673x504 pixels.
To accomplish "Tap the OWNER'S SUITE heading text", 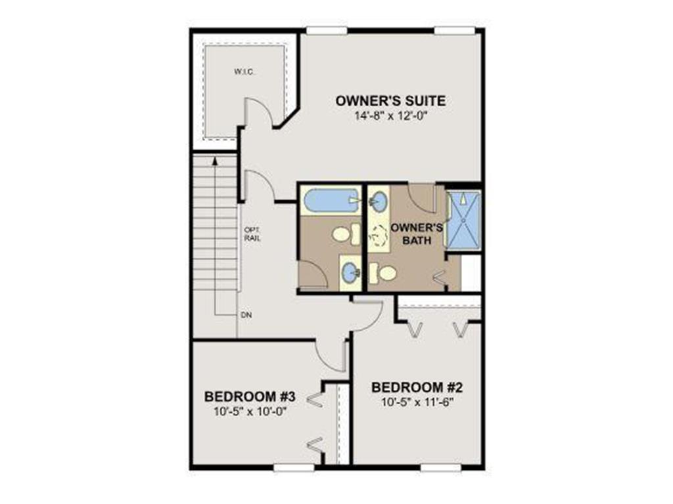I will tap(390, 101).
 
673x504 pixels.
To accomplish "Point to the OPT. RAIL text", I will tap(252, 234).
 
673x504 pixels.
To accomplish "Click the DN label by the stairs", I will tap(246, 316).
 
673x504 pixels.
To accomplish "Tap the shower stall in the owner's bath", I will tap(463, 220).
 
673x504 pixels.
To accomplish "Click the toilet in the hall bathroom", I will tap(344, 233).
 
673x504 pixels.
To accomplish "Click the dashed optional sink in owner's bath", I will tap(380, 236).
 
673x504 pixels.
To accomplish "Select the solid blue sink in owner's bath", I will tap(379, 198).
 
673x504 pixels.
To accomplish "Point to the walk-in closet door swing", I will tap(258, 113).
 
